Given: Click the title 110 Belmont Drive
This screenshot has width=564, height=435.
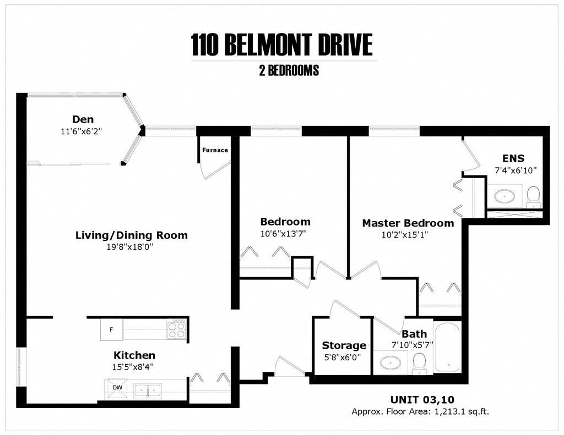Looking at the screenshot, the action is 281,45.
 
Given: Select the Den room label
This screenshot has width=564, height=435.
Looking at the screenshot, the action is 83,119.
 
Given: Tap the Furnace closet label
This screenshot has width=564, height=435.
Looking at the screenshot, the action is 215,150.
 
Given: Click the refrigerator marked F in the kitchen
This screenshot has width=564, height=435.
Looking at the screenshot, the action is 111,330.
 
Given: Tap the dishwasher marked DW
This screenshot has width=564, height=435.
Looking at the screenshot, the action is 117,387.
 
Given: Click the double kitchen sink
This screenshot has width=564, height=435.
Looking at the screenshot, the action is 147,390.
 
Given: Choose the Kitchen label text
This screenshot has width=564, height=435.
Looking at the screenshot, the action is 134,355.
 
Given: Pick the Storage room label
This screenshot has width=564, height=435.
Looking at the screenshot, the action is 344,345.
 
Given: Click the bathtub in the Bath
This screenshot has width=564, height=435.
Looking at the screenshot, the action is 448,348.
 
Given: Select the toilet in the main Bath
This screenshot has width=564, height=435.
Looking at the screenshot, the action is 420,363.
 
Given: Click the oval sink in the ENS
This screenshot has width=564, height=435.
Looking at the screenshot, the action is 505,195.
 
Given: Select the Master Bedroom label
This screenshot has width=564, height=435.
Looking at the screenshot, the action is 408,223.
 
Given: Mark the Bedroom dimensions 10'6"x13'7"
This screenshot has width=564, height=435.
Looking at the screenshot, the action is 284,233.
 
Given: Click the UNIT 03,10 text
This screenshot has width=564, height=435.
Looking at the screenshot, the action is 422,399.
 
